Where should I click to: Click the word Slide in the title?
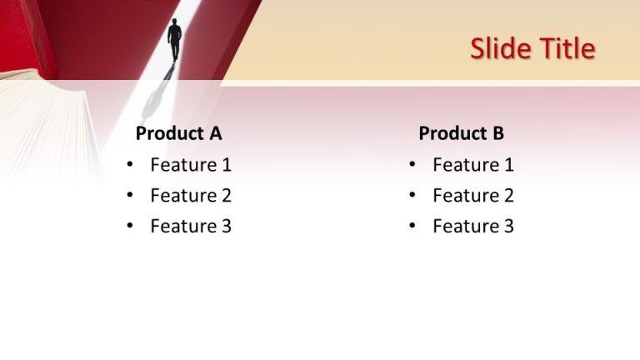(x=496, y=49)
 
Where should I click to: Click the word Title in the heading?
(x=567, y=49)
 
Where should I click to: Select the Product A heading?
(x=178, y=133)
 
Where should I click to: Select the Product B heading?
(x=461, y=133)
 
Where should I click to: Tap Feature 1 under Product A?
(x=191, y=165)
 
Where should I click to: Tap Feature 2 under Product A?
(x=191, y=196)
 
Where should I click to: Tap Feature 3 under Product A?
(x=191, y=226)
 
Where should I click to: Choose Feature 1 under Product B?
(x=473, y=165)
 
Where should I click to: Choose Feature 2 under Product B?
(x=473, y=196)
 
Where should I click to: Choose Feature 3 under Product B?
(x=473, y=226)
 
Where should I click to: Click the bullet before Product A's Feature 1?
(x=130, y=165)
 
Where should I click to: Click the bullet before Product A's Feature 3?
(x=130, y=227)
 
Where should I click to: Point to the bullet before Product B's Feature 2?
(x=412, y=196)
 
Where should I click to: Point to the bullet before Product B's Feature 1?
(x=412, y=165)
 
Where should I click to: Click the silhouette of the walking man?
(x=174, y=40)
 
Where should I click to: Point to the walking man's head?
(x=175, y=22)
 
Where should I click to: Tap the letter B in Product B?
(x=497, y=133)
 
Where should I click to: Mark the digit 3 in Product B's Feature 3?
(x=508, y=226)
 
